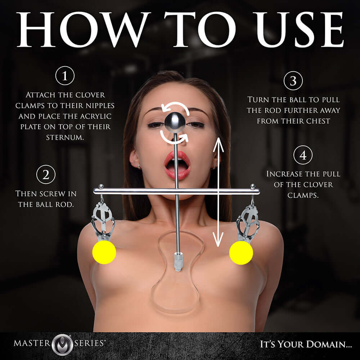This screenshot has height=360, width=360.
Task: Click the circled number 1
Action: pos(65,76)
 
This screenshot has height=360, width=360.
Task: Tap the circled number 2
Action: pos(46,175)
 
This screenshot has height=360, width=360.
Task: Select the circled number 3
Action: pos(293,81)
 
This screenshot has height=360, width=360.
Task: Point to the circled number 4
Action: pos(303,156)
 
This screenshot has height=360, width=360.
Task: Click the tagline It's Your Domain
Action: pos(306,344)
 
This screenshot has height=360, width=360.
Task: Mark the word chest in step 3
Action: pos(316,121)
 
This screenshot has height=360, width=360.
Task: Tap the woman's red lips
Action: pos(177,164)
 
